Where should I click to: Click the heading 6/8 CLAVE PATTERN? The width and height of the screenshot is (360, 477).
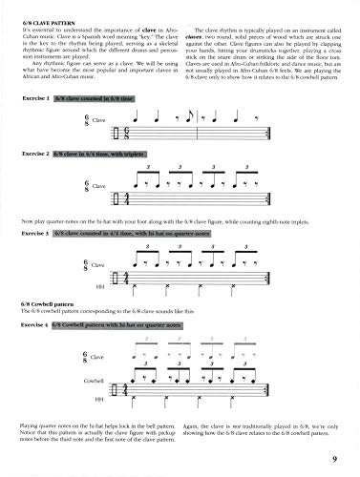43,8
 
